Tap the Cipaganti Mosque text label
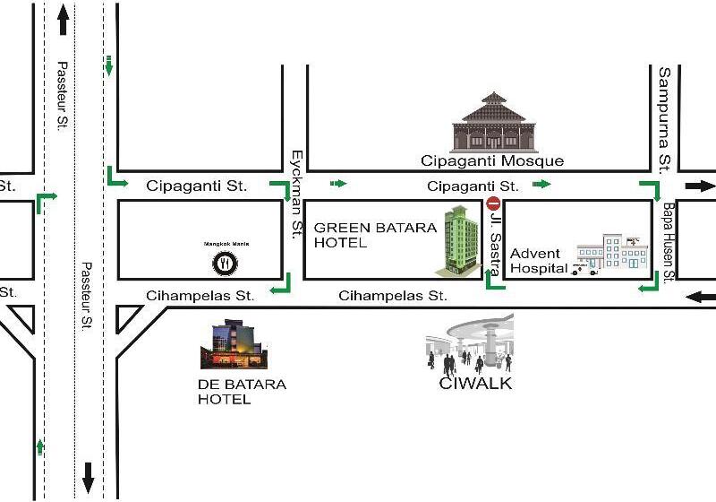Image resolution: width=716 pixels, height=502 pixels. click(x=493, y=161)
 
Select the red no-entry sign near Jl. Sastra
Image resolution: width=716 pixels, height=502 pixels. click(x=492, y=204)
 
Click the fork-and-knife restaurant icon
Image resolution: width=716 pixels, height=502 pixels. click(x=224, y=264)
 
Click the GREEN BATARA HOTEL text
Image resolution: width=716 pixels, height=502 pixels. click(x=374, y=235)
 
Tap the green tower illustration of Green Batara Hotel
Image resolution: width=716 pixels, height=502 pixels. click(x=459, y=239)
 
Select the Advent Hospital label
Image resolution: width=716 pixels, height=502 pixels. click(x=537, y=261)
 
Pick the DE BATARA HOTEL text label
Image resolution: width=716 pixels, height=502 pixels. click(x=242, y=392)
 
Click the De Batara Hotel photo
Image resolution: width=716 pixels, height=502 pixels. click(x=234, y=345)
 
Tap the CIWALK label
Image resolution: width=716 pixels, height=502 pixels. click(x=475, y=385)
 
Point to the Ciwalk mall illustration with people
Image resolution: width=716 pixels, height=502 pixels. click(x=471, y=343)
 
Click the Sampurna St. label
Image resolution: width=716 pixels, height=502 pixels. click(x=664, y=119)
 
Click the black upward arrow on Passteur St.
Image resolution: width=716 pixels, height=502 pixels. click(x=63, y=20)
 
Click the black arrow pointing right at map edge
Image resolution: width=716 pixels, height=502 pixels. click(x=701, y=186)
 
